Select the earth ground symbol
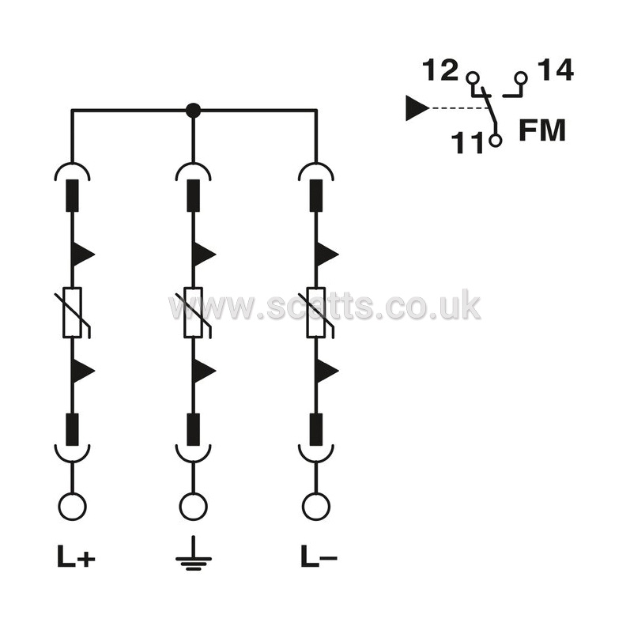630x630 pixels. click(193, 553)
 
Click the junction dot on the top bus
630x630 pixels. click(193, 109)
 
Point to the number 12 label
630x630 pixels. click(440, 70)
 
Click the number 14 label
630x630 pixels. click(556, 70)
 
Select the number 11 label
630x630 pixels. click(467, 142)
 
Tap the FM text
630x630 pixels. click(542, 130)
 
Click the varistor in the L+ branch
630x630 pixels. click(72, 312)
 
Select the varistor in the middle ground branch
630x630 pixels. click(193, 312)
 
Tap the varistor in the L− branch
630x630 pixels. click(316, 312)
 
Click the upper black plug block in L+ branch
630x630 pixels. click(72, 195)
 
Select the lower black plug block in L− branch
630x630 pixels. click(316, 429)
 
